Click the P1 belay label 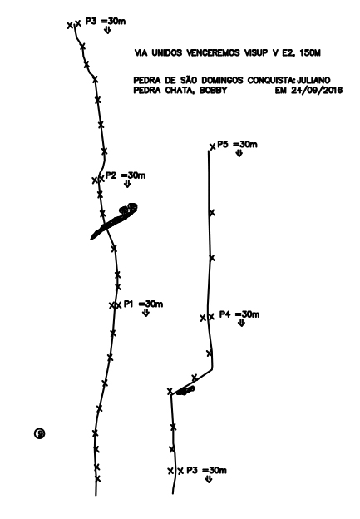[x=143, y=304]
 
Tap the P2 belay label [x=126, y=175]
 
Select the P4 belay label [x=239, y=314]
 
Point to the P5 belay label [x=237, y=145]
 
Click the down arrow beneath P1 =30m [x=145, y=313]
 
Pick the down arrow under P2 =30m [x=127, y=185]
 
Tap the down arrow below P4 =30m [x=242, y=323]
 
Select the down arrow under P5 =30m [x=239, y=153]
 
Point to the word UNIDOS [x=166, y=52]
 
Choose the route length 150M [x=310, y=52]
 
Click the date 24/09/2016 [x=317, y=90]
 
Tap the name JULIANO [x=313, y=80]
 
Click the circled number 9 [x=39, y=433]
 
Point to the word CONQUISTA [x=271, y=80]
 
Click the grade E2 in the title [x=288, y=52]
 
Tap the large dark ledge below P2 [x=112, y=222]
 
